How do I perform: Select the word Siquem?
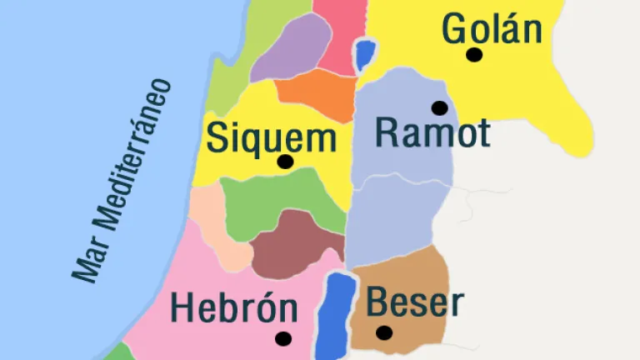[x=271, y=137]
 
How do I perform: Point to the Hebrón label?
[x=234, y=308]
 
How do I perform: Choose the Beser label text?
[x=414, y=302]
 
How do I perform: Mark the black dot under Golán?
[x=474, y=55]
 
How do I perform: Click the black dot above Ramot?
[x=439, y=107]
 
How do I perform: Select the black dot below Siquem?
[x=285, y=162]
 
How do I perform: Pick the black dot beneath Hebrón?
[x=283, y=338]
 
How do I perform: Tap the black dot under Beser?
[x=383, y=332]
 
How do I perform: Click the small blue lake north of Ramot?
[x=364, y=55]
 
